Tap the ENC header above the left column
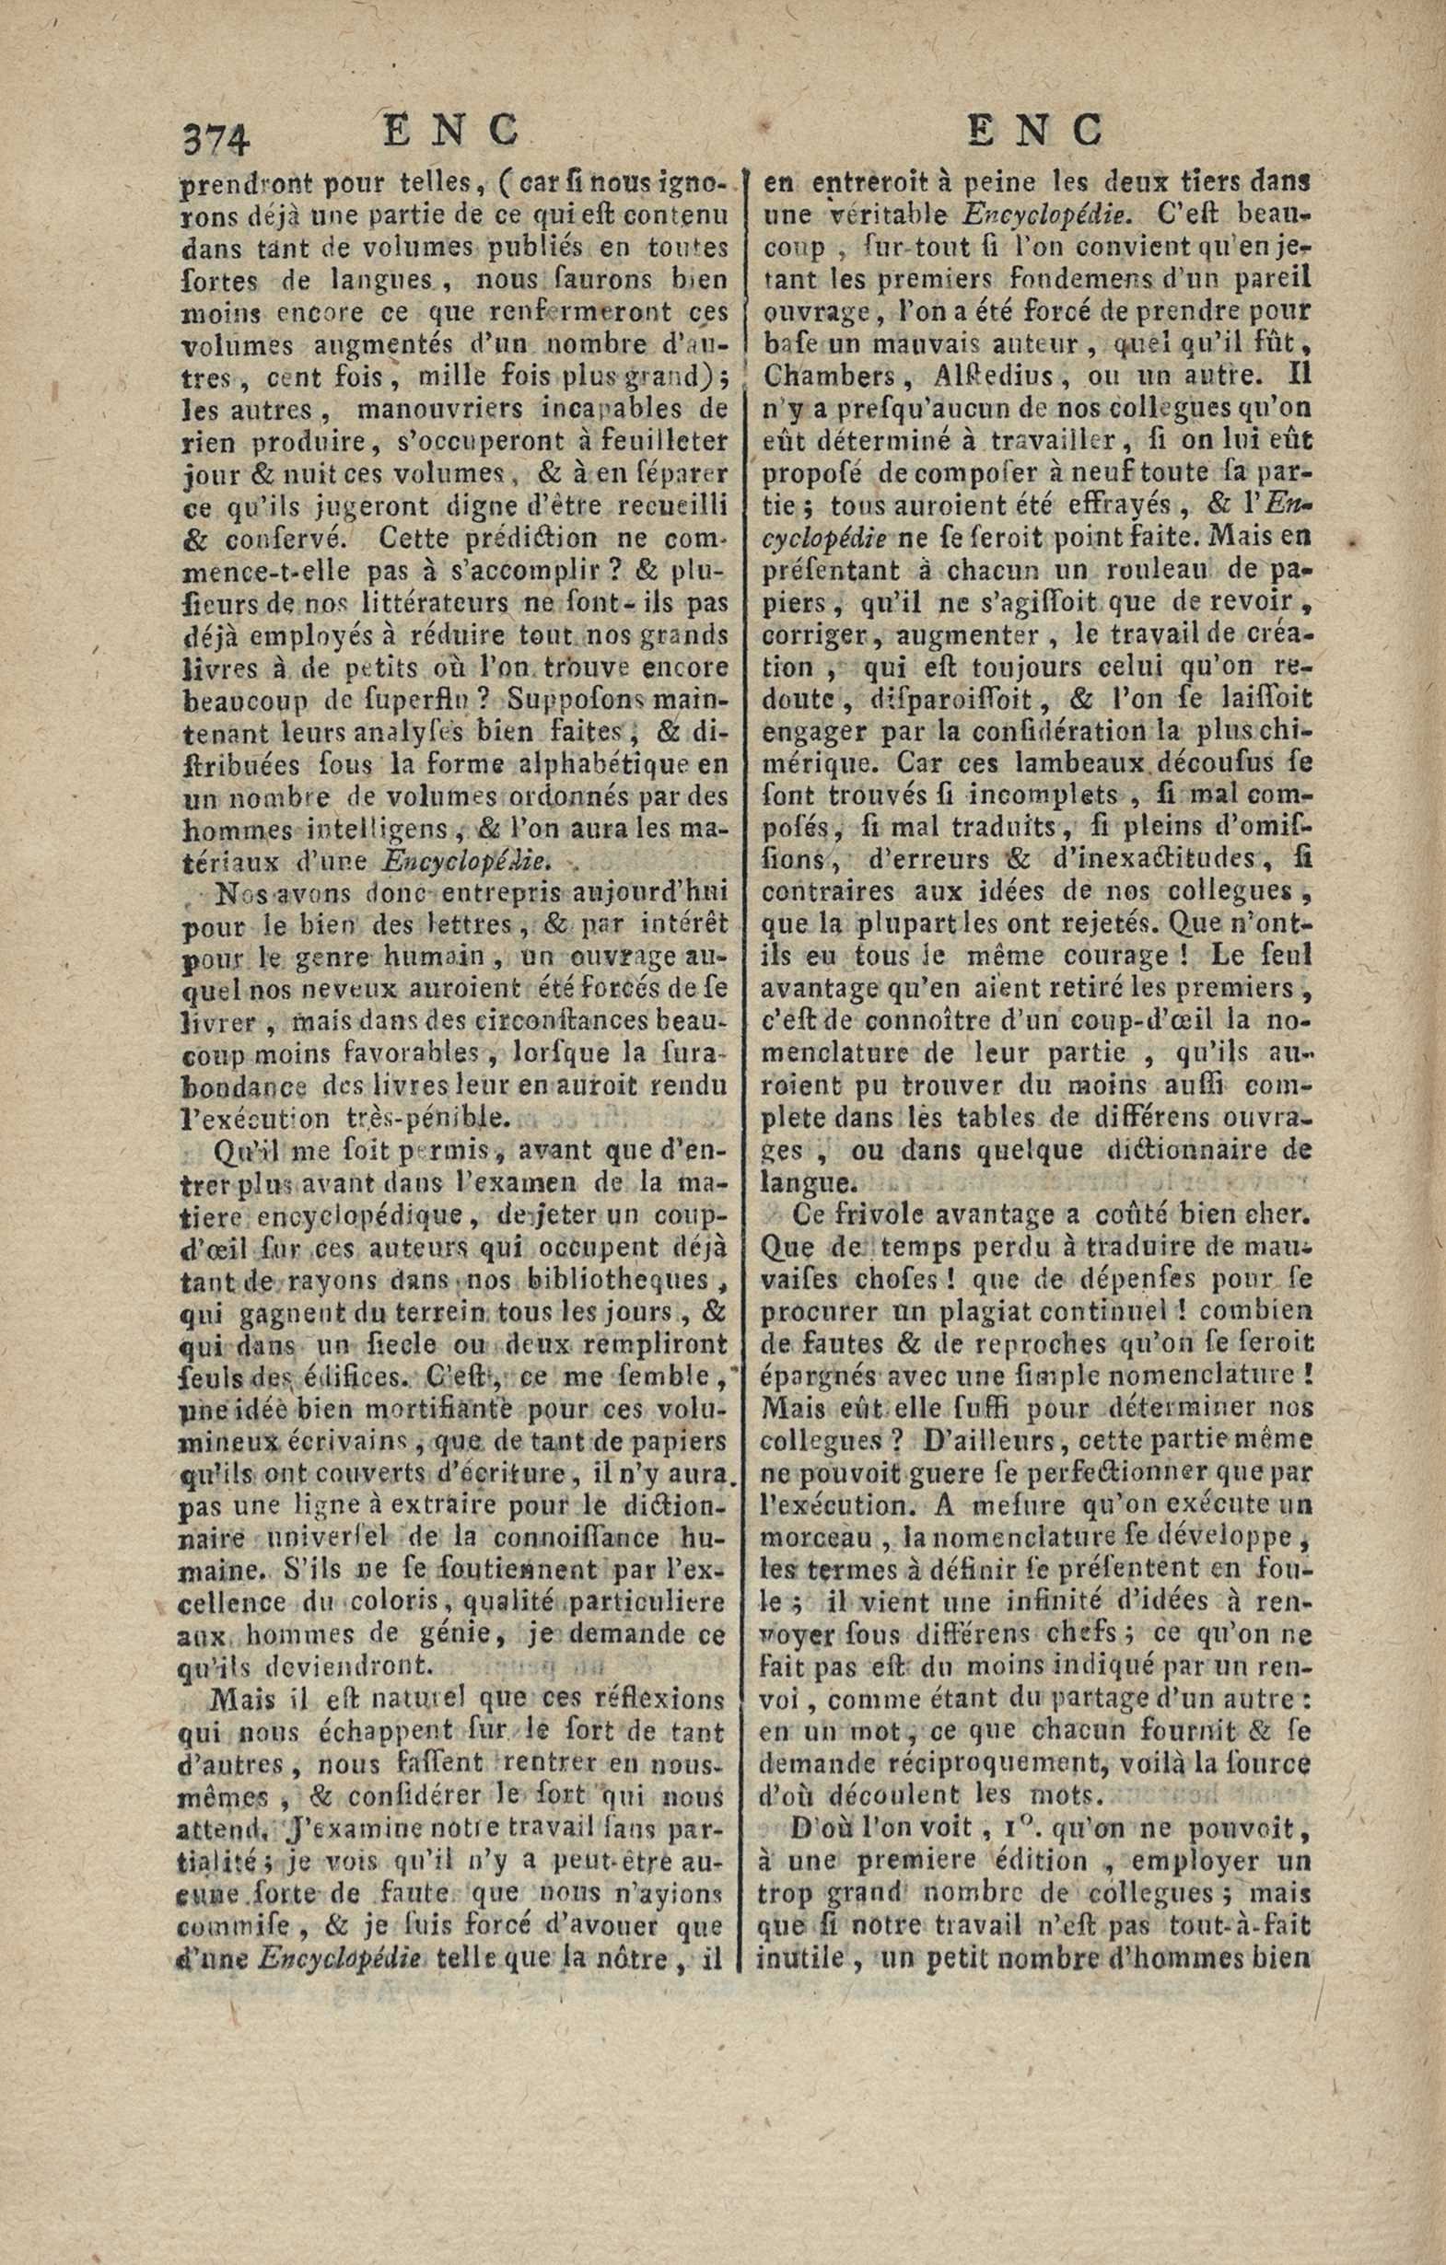click(451, 131)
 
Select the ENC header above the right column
click(1035, 131)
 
